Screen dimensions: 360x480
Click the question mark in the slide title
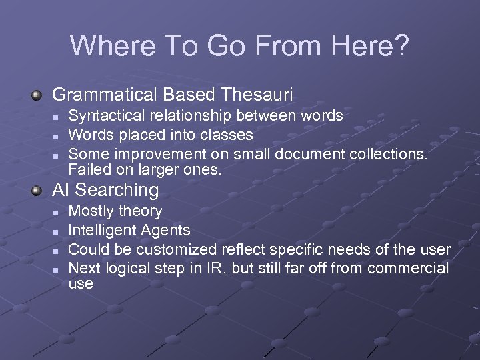[402, 45]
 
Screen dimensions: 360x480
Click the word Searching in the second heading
[117, 191]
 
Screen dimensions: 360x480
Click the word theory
[140, 211]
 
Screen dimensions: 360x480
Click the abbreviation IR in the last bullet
[240, 268]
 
